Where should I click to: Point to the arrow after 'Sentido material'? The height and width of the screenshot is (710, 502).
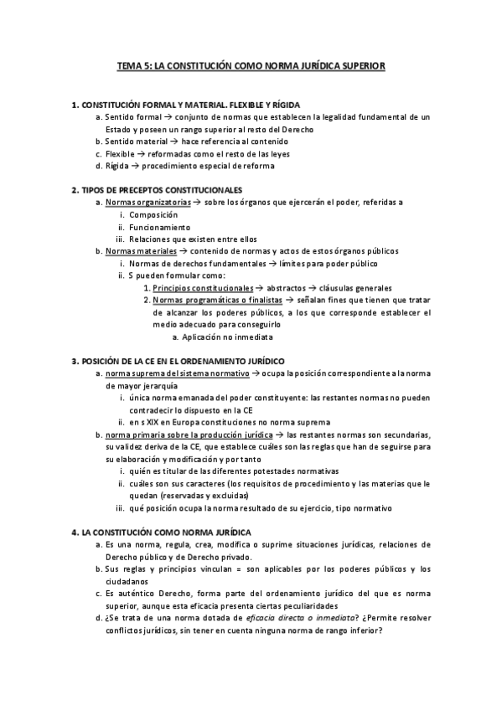(173, 141)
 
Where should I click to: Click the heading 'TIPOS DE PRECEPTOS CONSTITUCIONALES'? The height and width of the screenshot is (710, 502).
(162, 190)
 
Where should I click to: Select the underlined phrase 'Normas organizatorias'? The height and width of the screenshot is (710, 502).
(147, 203)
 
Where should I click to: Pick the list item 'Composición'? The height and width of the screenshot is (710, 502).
(153, 214)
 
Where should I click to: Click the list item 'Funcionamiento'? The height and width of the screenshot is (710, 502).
(159, 227)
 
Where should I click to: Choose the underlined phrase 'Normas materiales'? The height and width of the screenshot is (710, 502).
(141, 250)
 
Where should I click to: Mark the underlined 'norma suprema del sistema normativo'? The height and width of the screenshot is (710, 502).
(178, 373)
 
